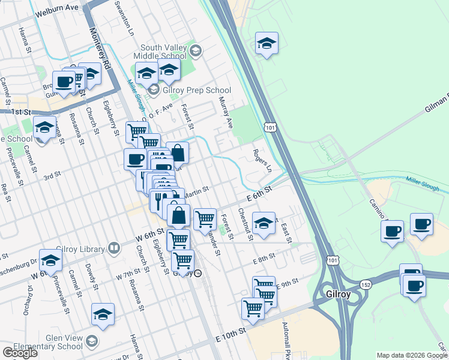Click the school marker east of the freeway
[x=267, y=43]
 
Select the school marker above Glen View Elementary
[x=103, y=314]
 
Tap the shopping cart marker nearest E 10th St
[x=253, y=308]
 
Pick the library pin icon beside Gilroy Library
[x=113, y=248]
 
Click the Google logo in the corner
[x=20, y=352]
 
